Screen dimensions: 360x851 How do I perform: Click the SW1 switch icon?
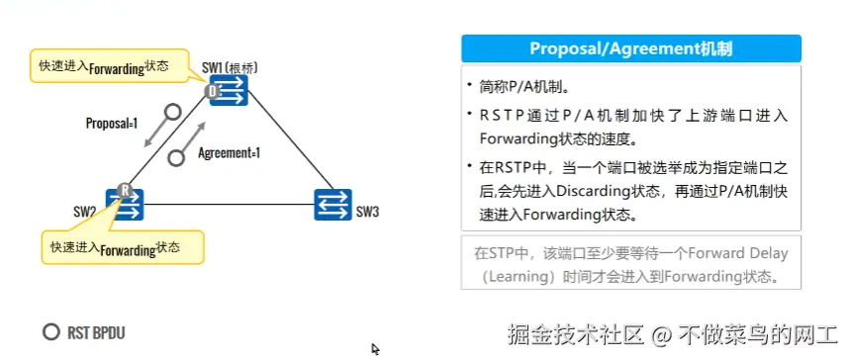click(229, 92)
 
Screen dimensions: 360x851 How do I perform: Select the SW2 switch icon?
click(127, 205)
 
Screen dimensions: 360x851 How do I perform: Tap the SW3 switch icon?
click(332, 205)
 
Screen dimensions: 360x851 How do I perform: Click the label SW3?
click(367, 211)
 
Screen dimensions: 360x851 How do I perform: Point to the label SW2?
click(84, 211)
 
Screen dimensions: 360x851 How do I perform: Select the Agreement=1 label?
click(229, 153)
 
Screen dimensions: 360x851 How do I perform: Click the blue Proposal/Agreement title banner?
click(631, 48)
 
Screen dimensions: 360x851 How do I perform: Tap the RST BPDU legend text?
click(97, 332)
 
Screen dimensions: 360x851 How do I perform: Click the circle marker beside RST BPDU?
click(50, 332)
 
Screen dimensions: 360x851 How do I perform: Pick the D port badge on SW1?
click(212, 92)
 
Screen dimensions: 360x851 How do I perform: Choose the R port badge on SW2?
click(124, 190)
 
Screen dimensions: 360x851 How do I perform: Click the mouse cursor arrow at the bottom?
click(375, 348)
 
